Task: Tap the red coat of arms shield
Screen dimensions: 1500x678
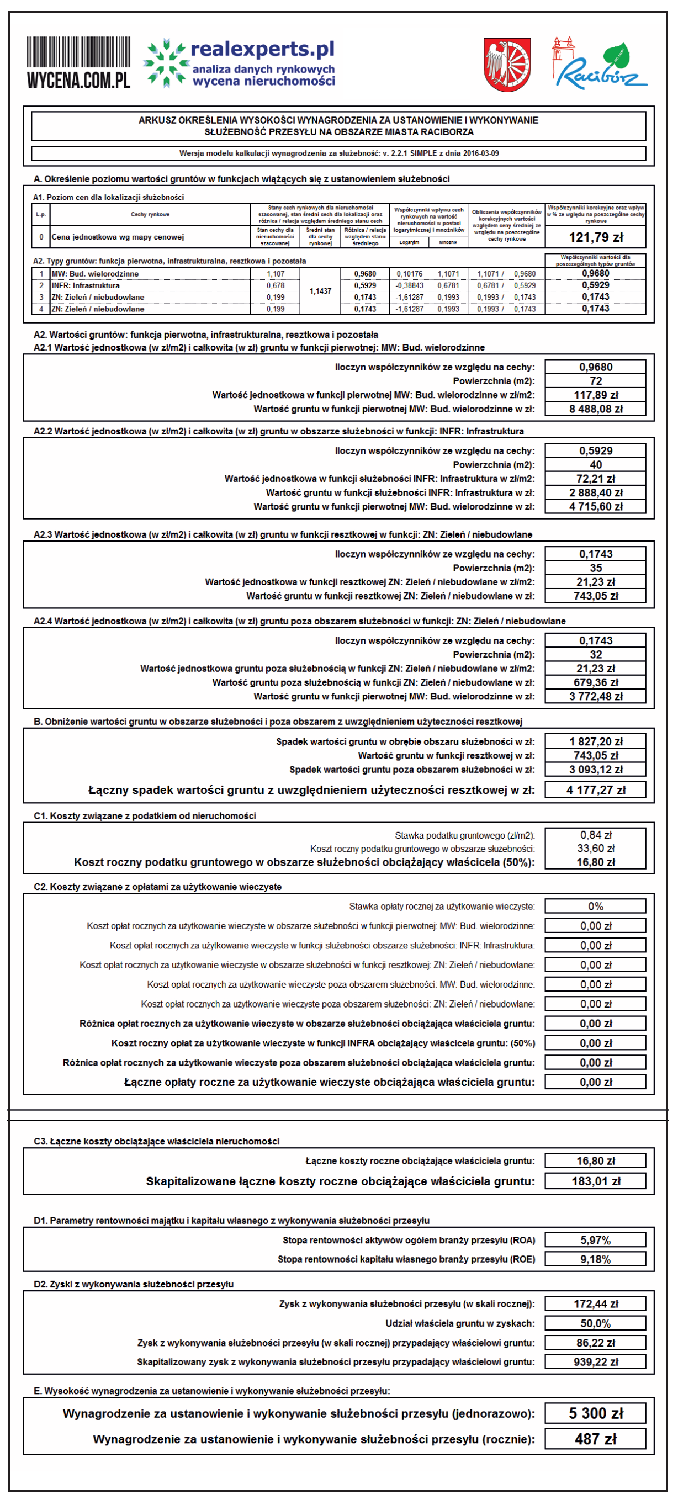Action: [x=507, y=64]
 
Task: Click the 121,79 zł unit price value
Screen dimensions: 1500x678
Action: [x=595, y=237]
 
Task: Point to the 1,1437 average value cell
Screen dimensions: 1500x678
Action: [x=320, y=291]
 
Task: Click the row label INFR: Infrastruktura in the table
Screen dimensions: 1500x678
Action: [x=86, y=286]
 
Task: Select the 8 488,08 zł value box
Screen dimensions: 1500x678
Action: [x=595, y=409]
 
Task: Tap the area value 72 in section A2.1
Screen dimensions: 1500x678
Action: [x=595, y=381]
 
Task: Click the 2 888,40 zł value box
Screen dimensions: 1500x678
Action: [x=595, y=493]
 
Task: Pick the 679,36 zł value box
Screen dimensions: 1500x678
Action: [x=595, y=682]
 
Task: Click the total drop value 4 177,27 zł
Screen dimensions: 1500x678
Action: [x=595, y=790]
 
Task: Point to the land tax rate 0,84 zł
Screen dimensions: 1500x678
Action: [x=595, y=835]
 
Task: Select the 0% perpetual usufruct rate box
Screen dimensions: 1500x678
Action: [x=595, y=907]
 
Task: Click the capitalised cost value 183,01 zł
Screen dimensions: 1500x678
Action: [x=595, y=1181]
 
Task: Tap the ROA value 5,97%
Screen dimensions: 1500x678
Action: [x=595, y=1241]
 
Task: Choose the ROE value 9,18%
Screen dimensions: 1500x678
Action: [x=595, y=1259]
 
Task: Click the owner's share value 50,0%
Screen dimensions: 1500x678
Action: [x=595, y=1323]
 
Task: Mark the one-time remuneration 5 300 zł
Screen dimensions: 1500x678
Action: [x=595, y=1414]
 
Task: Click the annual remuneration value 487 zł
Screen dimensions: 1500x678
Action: [x=595, y=1439]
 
